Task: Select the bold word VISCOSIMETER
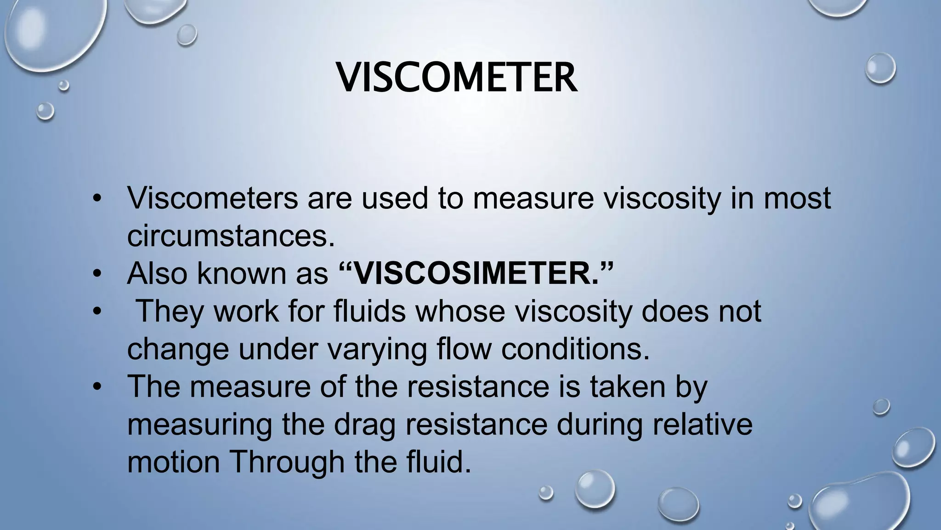(x=476, y=273)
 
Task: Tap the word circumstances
(x=231, y=236)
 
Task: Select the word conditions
(x=575, y=349)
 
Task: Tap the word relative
(x=703, y=424)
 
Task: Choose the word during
(x=600, y=424)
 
